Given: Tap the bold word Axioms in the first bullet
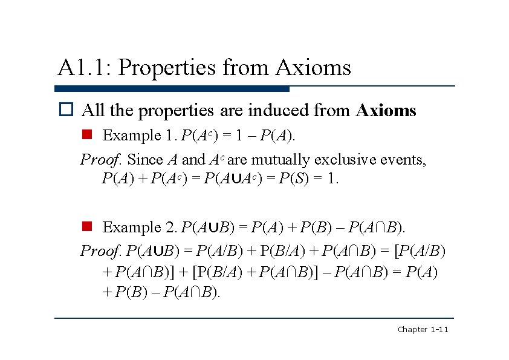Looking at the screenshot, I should [x=386, y=111].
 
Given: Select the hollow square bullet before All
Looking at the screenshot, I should [x=65, y=111].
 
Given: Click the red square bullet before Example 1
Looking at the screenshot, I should [x=86, y=135].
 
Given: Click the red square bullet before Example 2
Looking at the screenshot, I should [x=86, y=227].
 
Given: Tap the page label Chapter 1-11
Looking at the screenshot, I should [x=422, y=329].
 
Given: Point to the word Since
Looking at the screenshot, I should [x=145, y=160].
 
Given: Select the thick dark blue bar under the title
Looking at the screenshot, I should [x=172, y=89].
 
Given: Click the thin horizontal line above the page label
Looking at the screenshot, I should [x=254, y=318].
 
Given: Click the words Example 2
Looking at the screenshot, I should [x=140, y=227].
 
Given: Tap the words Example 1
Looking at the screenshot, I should [x=140, y=136].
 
